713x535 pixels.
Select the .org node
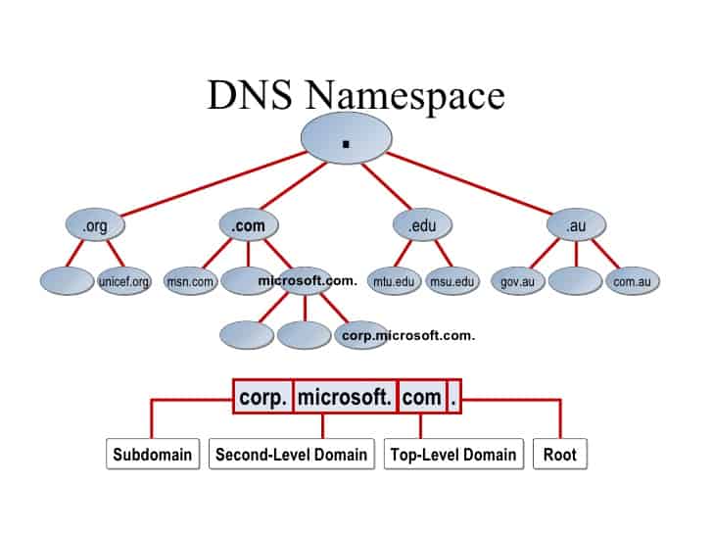[95, 226]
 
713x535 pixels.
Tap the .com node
[248, 226]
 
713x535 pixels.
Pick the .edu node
[422, 226]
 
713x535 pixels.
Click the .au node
[575, 226]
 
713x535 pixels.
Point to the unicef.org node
[124, 282]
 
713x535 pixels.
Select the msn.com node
[190, 282]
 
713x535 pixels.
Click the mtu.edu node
[394, 282]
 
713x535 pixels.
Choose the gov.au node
[515, 282]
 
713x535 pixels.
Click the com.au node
[632, 282]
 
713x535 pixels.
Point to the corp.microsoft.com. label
[408, 335]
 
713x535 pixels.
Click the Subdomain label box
[152, 455]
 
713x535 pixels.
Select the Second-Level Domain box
[292, 455]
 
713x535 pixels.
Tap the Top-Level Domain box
[452, 455]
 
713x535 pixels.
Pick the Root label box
[560, 455]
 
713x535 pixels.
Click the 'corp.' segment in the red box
[262, 398]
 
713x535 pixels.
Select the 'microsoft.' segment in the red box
[345, 398]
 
